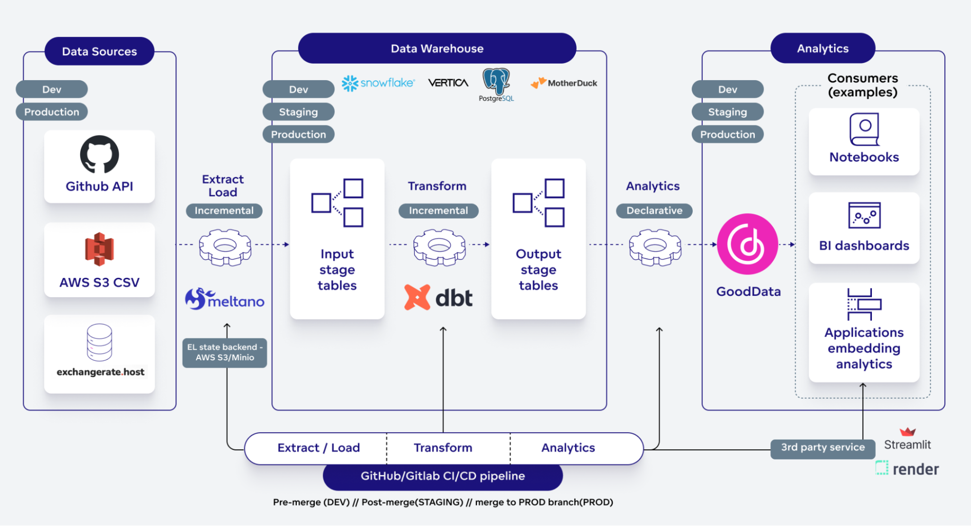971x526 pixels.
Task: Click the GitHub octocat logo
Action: tap(100, 154)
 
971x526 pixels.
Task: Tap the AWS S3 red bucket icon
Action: tap(100, 249)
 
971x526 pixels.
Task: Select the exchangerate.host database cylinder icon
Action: tap(100, 342)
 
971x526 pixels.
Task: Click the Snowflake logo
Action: tap(378, 83)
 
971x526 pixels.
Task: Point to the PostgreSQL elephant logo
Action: tap(496, 81)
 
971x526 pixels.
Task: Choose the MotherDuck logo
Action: tap(564, 83)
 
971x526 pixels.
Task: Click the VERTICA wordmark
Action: tap(448, 83)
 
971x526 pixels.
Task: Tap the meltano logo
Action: tap(224, 299)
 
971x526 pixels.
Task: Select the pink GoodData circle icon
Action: tap(748, 244)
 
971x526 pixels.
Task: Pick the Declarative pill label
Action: tap(654, 211)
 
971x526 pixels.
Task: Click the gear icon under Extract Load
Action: tap(225, 247)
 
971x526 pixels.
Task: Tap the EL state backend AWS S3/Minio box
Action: tap(224, 353)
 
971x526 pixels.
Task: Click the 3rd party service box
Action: tap(822, 448)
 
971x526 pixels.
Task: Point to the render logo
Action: tap(907, 469)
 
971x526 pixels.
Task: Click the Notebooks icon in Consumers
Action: tap(864, 129)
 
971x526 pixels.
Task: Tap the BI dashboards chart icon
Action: tap(864, 216)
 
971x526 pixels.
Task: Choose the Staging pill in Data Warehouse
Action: tap(298, 112)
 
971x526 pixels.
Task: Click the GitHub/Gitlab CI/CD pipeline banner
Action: tap(443, 476)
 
